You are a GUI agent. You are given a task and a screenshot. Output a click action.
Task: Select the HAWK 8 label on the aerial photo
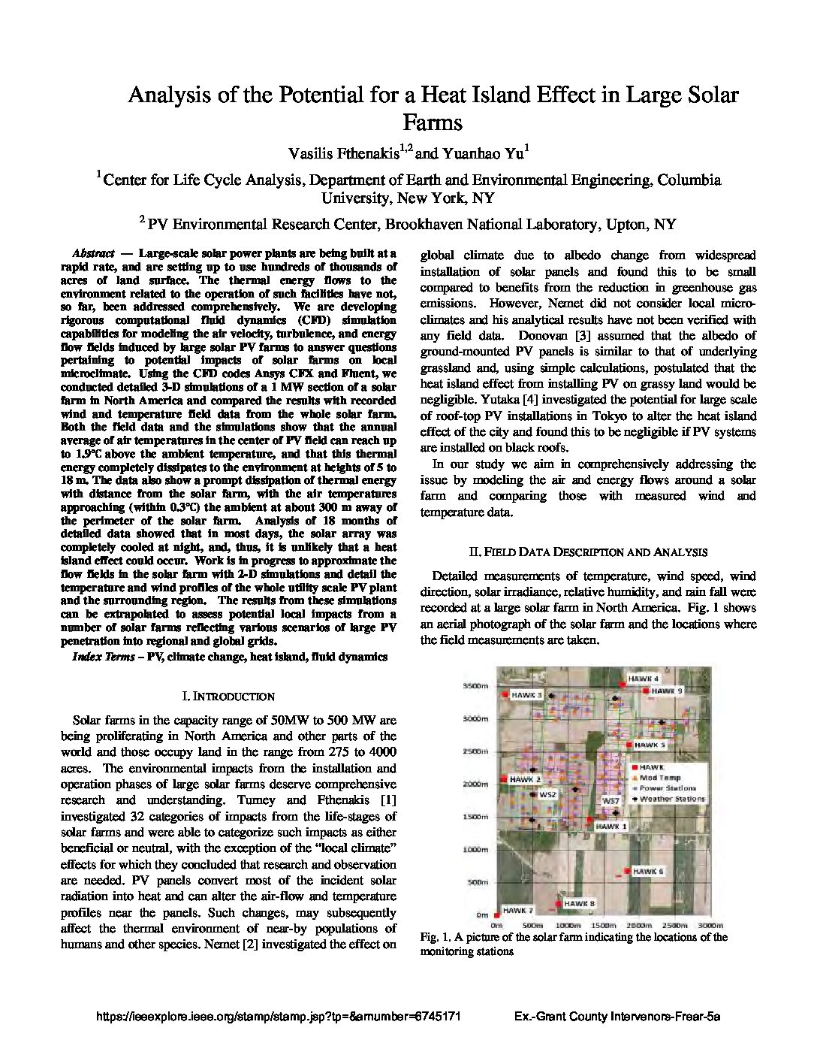(x=579, y=903)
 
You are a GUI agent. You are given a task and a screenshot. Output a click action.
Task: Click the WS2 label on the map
(x=547, y=794)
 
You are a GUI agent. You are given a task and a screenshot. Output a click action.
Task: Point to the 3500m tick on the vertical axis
(x=476, y=686)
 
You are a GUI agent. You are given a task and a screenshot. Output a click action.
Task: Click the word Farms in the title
(x=432, y=122)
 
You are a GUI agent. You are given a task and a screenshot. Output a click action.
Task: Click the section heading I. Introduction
(x=228, y=697)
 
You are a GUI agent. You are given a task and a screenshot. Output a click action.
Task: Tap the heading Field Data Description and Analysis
(x=588, y=552)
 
